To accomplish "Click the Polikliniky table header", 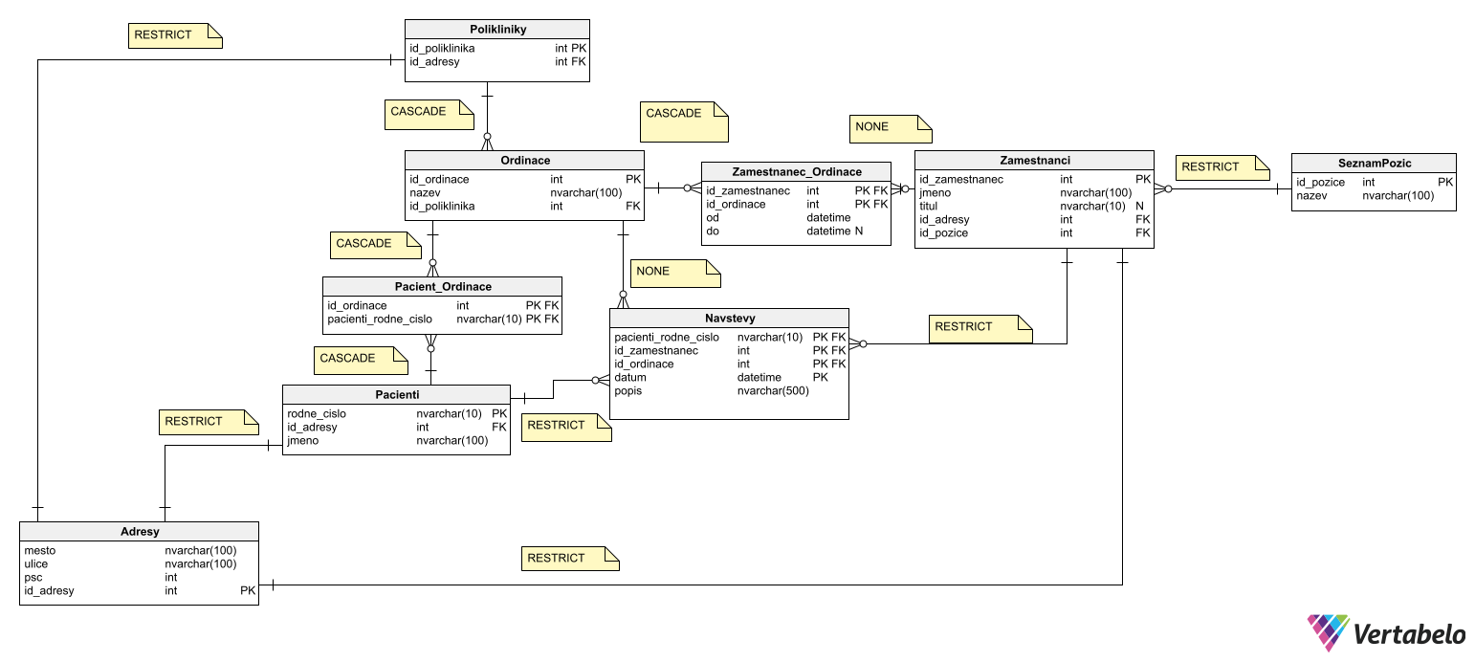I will [497, 30].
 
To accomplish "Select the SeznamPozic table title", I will [1374, 164].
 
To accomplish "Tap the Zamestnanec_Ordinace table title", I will [796, 172].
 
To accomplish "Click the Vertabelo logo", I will [1386, 633].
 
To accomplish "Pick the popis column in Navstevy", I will [629, 391].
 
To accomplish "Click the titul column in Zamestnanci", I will [930, 207].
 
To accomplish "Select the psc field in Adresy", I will [34, 578].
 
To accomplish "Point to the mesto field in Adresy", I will [40, 551].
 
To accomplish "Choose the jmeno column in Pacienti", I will [303, 441].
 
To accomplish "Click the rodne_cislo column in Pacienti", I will [317, 414].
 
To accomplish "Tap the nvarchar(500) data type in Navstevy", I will [773, 391].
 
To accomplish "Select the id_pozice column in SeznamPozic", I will [1321, 183].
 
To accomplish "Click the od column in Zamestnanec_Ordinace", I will [713, 218].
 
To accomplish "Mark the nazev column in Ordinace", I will [425, 193].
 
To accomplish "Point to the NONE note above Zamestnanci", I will [889, 128].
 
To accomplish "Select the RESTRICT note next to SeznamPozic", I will [1222, 167].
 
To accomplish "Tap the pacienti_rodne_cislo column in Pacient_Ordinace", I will [380, 320].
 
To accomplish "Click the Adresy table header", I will [140, 532].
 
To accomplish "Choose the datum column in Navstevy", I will [631, 378].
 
